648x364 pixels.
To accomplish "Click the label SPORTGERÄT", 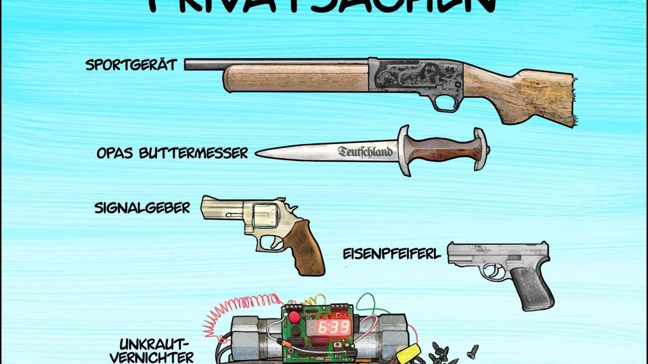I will pos(131,65).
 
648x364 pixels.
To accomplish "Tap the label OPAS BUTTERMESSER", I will pos(172,153).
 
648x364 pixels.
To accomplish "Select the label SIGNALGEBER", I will pos(142,208).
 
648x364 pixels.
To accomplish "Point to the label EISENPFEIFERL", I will pos(392,254).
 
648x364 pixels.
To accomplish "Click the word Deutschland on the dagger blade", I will pos(365,152).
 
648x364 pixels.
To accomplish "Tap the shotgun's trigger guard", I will pos(445,103).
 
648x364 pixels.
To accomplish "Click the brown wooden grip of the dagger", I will pos(441,150).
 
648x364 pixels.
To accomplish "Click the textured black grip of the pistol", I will pos(531,288).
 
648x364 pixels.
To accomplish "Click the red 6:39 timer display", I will pos(334,328).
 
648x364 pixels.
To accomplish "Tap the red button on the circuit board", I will pos(294,317).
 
